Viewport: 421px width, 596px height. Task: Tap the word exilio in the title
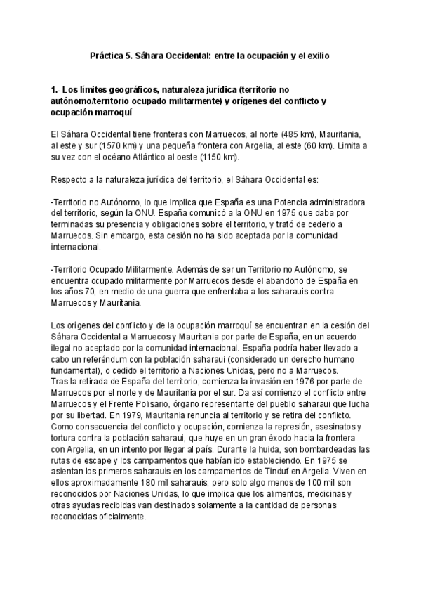[314, 53]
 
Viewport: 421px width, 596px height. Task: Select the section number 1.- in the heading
[58, 90]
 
